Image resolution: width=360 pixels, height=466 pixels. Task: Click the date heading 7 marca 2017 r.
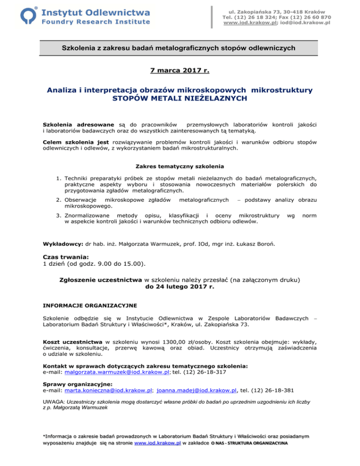coord(180,71)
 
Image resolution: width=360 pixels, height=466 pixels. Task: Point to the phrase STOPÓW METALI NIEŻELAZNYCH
coord(180,98)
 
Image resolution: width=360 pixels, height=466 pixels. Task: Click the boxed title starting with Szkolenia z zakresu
coord(180,48)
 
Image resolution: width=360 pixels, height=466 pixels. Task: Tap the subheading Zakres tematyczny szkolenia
coord(180,166)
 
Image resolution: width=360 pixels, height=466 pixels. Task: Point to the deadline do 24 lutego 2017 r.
coord(180,287)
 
